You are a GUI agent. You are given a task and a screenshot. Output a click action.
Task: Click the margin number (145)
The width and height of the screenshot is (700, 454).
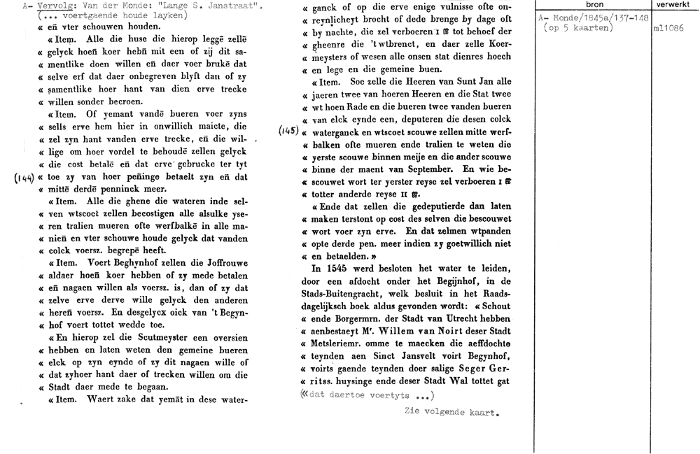289,131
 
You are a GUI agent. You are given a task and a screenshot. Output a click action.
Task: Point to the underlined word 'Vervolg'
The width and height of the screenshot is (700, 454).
55,6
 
